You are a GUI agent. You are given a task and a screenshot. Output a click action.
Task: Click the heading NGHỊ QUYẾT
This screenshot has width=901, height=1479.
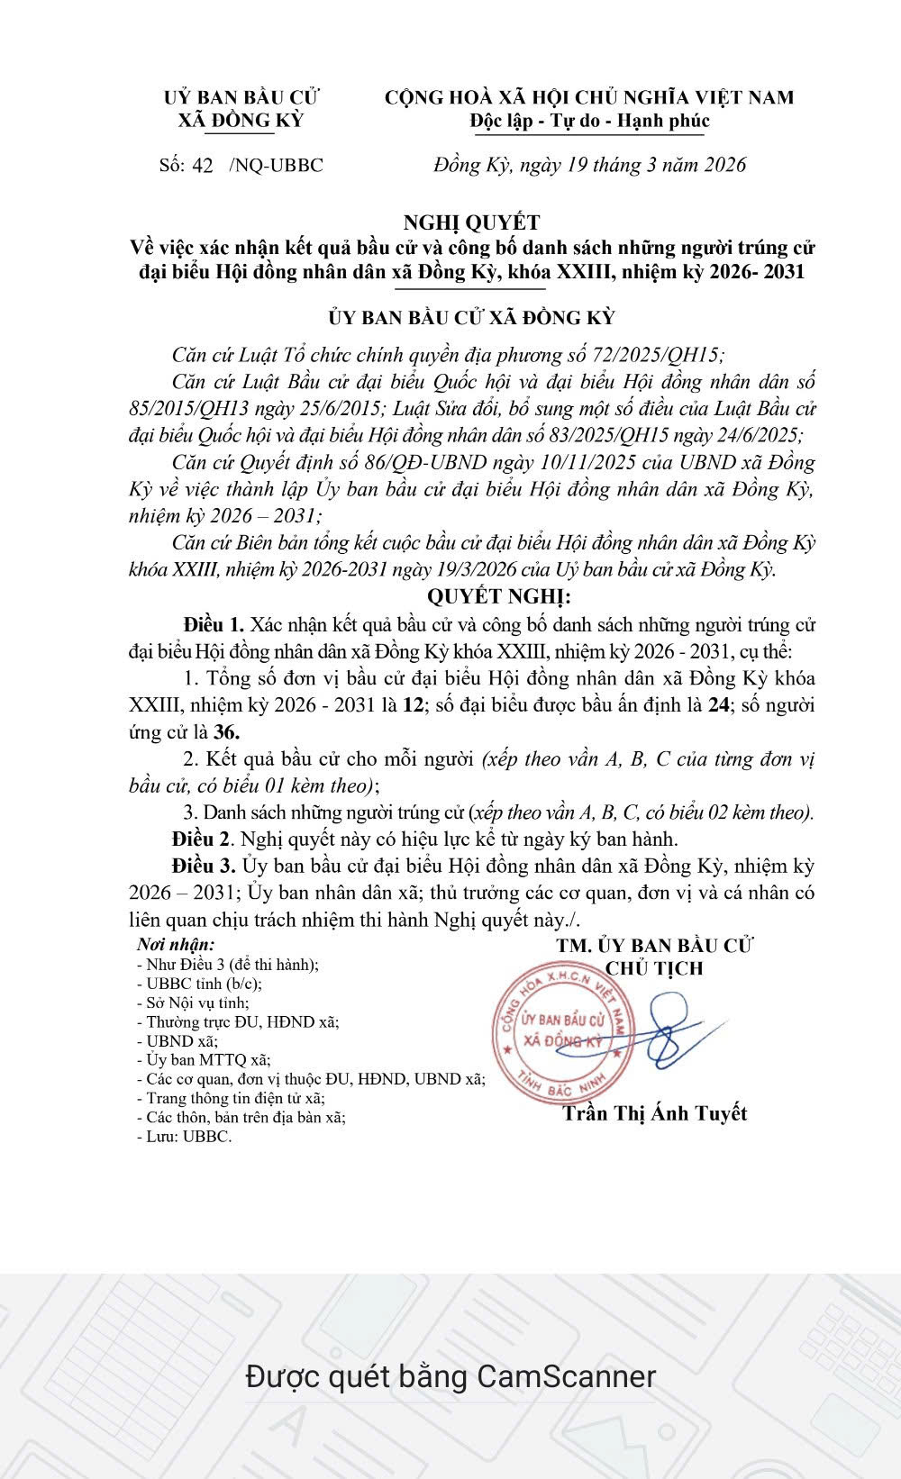coord(471,222)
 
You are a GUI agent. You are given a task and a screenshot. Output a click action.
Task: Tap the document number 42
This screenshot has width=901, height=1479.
coord(203,165)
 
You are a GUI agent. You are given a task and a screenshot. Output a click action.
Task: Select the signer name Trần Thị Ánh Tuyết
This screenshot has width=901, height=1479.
coord(655,1113)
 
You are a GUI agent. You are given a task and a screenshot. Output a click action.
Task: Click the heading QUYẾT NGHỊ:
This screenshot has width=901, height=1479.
coord(498,596)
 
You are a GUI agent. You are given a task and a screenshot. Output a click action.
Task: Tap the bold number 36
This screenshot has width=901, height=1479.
coord(226,731)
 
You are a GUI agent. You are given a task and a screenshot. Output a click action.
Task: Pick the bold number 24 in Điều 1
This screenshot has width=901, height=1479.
coord(718,704)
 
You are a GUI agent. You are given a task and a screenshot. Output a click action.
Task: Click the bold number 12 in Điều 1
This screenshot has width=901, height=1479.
coord(413,704)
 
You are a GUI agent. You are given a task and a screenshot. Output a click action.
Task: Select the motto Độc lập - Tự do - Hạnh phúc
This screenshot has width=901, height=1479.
coord(590,121)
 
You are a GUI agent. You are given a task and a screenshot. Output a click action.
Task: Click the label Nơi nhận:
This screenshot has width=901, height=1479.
coord(176,945)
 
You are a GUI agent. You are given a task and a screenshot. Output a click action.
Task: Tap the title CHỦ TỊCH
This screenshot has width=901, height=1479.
coord(654,969)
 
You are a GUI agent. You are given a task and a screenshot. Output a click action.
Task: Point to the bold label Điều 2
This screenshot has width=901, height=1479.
coord(202,839)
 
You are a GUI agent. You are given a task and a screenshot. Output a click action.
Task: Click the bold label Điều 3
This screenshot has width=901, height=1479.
coord(204,867)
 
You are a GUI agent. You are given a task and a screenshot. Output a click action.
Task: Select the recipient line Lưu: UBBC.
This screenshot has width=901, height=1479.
coord(184,1137)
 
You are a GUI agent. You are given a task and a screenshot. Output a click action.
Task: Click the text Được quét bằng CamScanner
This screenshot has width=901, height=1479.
coord(450,1375)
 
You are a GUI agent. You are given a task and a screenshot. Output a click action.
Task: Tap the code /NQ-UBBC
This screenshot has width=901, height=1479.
coord(277,165)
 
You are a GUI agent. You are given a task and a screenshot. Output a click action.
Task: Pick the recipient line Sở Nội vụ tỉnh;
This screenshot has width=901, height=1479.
coord(193,1003)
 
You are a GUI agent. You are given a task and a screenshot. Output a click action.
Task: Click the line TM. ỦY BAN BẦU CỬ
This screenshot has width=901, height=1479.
coord(655,945)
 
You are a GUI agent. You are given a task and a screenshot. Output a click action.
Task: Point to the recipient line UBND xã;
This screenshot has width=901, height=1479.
coord(177,1041)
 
